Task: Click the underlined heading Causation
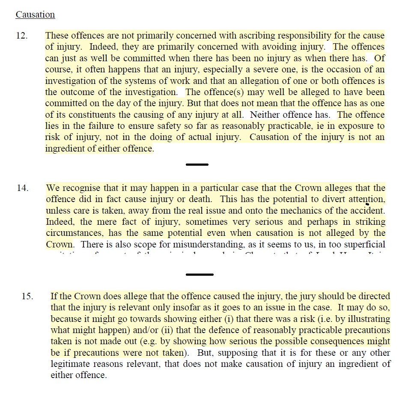click(x=35, y=15)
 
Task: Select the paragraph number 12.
click(x=22, y=36)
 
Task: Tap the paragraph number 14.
click(x=22, y=188)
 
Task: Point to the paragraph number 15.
click(x=27, y=296)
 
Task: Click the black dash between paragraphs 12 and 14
click(x=197, y=164)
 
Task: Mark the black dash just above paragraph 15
click(x=200, y=274)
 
